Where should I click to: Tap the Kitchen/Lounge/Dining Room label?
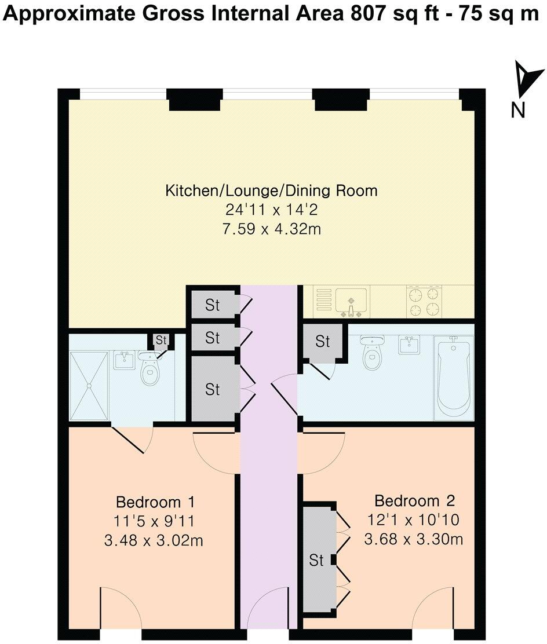pyautogui.click(x=272, y=190)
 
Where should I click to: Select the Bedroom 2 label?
pyautogui.click(x=415, y=500)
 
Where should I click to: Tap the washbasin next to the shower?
pyautogui.click(x=123, y=360)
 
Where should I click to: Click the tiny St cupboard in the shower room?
pyautogui.click(x=161, y=339)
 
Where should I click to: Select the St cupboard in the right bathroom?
pyautogui.click(x=323, y=342)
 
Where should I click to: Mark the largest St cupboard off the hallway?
pyautogui.click(x=213, y=389)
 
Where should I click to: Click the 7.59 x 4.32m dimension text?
pyautogui.click(x=272, y=229)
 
